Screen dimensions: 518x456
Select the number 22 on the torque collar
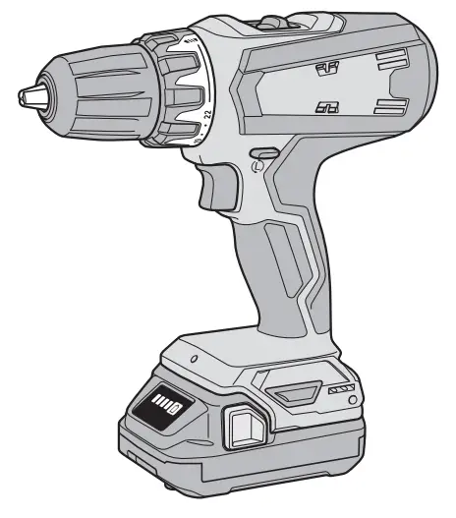tap(207, 116)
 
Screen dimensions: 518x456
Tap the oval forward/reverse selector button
tap(261, 153)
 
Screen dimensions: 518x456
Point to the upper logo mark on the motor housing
tap(326, 68)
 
